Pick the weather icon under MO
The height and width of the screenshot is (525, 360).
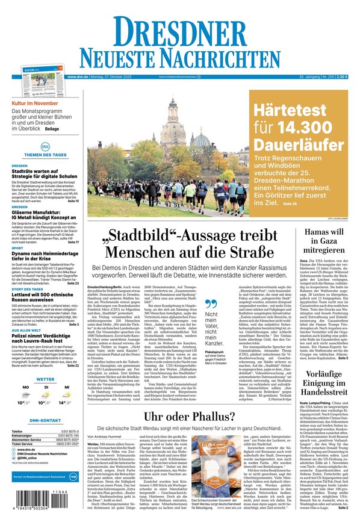tap(26, 394)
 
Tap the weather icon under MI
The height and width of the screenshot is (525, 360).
tap(66, 394)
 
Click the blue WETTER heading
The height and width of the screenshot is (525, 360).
tap(45, 380)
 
